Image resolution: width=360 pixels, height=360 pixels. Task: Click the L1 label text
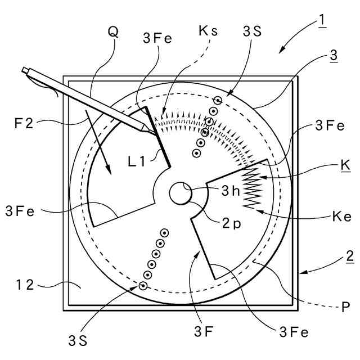click(x=137, y=161)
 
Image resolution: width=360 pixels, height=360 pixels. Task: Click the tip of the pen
click(x=151, y=131)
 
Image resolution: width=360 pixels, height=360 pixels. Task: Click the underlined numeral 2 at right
click(x=349, y=257)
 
